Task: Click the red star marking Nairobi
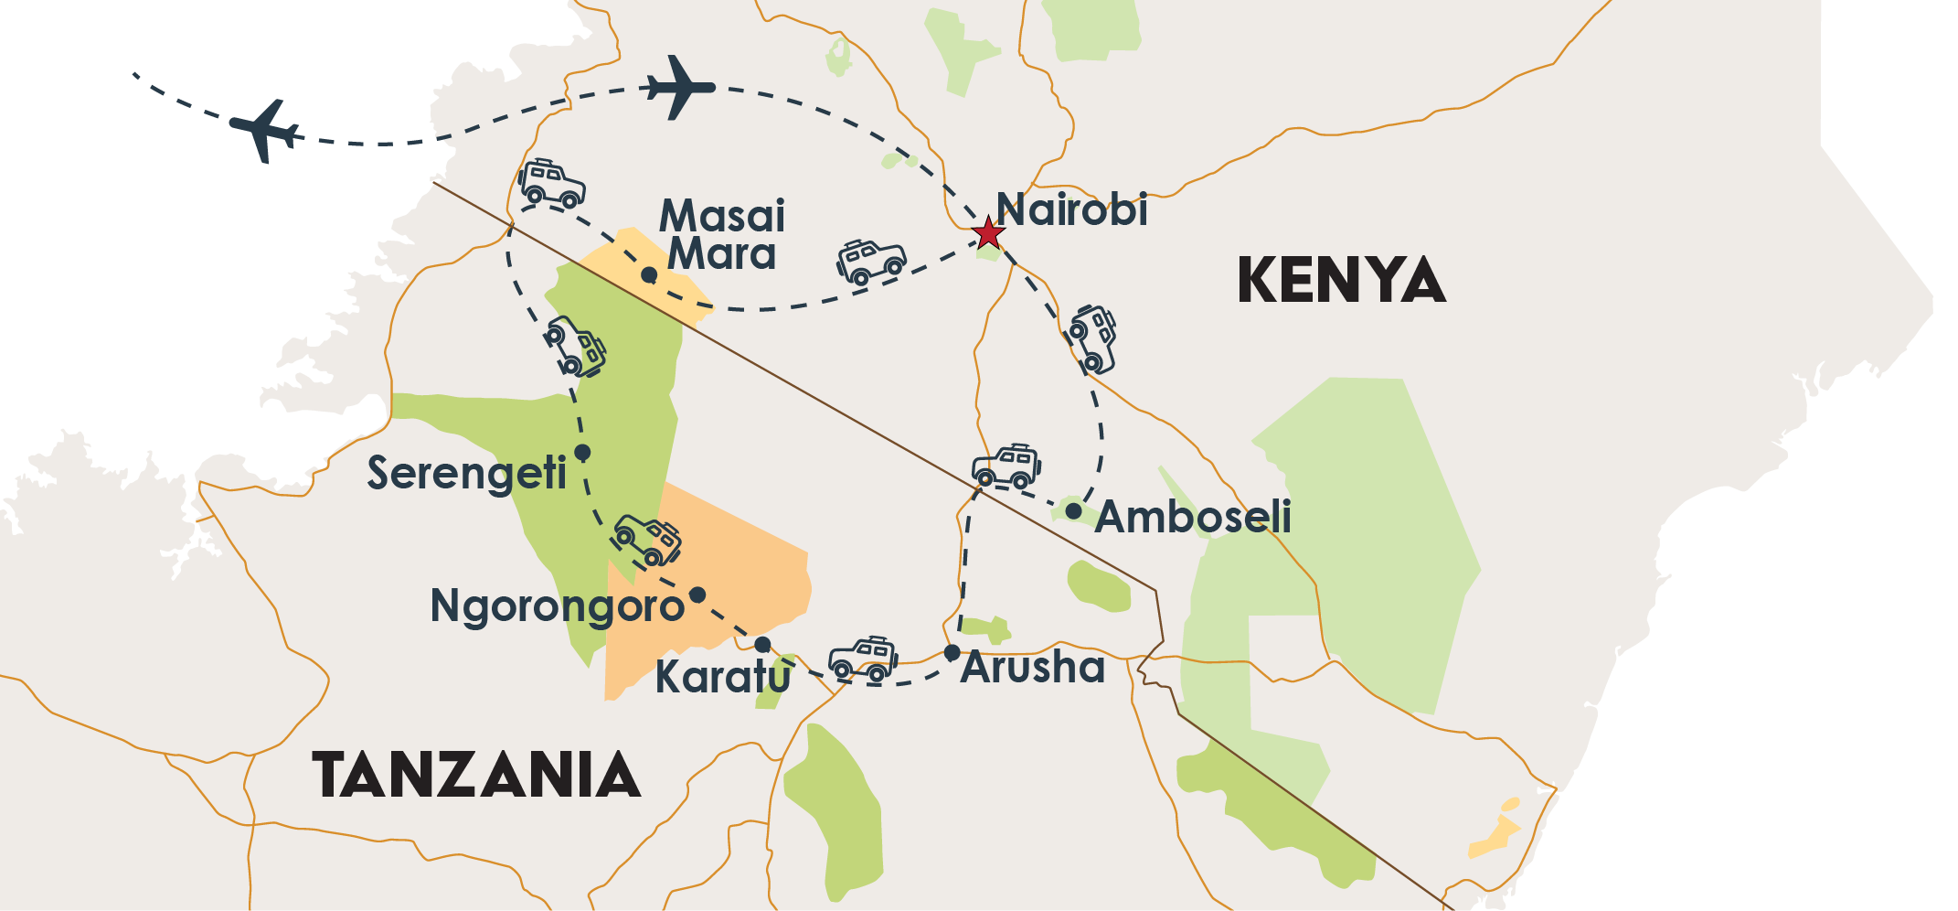point(987,232)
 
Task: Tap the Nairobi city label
point(1071,209)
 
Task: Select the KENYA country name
point(1341,280)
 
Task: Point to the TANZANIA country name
point(476,775)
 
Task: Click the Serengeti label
point(466,473)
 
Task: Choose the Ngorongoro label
point(557,606)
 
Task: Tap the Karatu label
point(722,678)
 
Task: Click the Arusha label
point(1033,667)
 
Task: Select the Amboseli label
point(1193,517)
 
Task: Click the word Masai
point(722,216)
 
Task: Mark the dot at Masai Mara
point(649,274)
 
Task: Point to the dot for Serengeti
point(582,452)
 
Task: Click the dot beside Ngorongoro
point(697,595)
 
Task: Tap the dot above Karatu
point(762,645)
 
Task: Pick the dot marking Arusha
point(952,652)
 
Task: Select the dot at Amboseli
point(1073,510)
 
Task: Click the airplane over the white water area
point(266,131)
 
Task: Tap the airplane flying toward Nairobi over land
point(679,88)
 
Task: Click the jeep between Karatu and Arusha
point(863,659)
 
